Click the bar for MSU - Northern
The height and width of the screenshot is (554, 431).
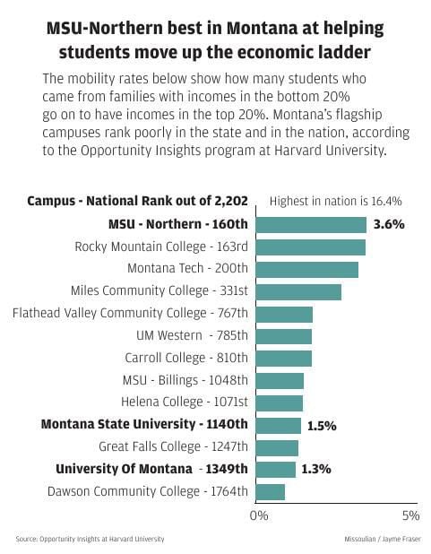click(x=311, y=224)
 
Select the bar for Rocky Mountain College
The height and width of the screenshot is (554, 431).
click(x=310, y=247)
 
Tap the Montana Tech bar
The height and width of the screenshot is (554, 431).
click(x=306, y=269)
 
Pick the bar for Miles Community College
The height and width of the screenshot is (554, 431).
click(x=298, y=291)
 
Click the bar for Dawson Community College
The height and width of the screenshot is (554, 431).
click(x=271, y=491)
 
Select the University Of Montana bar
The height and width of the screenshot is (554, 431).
click(x=275, y=469)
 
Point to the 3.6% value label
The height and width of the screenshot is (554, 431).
click(x=389, y=224)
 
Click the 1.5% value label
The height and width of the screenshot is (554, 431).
click(x=321, y=426)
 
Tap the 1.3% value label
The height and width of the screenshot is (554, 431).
click(x=316, y=469)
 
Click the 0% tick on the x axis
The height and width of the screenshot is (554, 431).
click(x=258, y=515)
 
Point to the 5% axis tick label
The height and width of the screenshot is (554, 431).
click(x=409, y=515)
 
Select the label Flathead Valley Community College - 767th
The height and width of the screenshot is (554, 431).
click(x=131, y=313)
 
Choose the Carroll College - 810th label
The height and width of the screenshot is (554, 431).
click(x=186, y=358)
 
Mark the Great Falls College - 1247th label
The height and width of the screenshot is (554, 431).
click(x=174, y=446)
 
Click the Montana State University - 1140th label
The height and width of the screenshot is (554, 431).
click(x=144, y=424)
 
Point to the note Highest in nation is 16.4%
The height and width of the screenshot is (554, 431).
click(x=335, y=201)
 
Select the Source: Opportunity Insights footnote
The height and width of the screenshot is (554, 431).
click(x=90, y=539)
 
